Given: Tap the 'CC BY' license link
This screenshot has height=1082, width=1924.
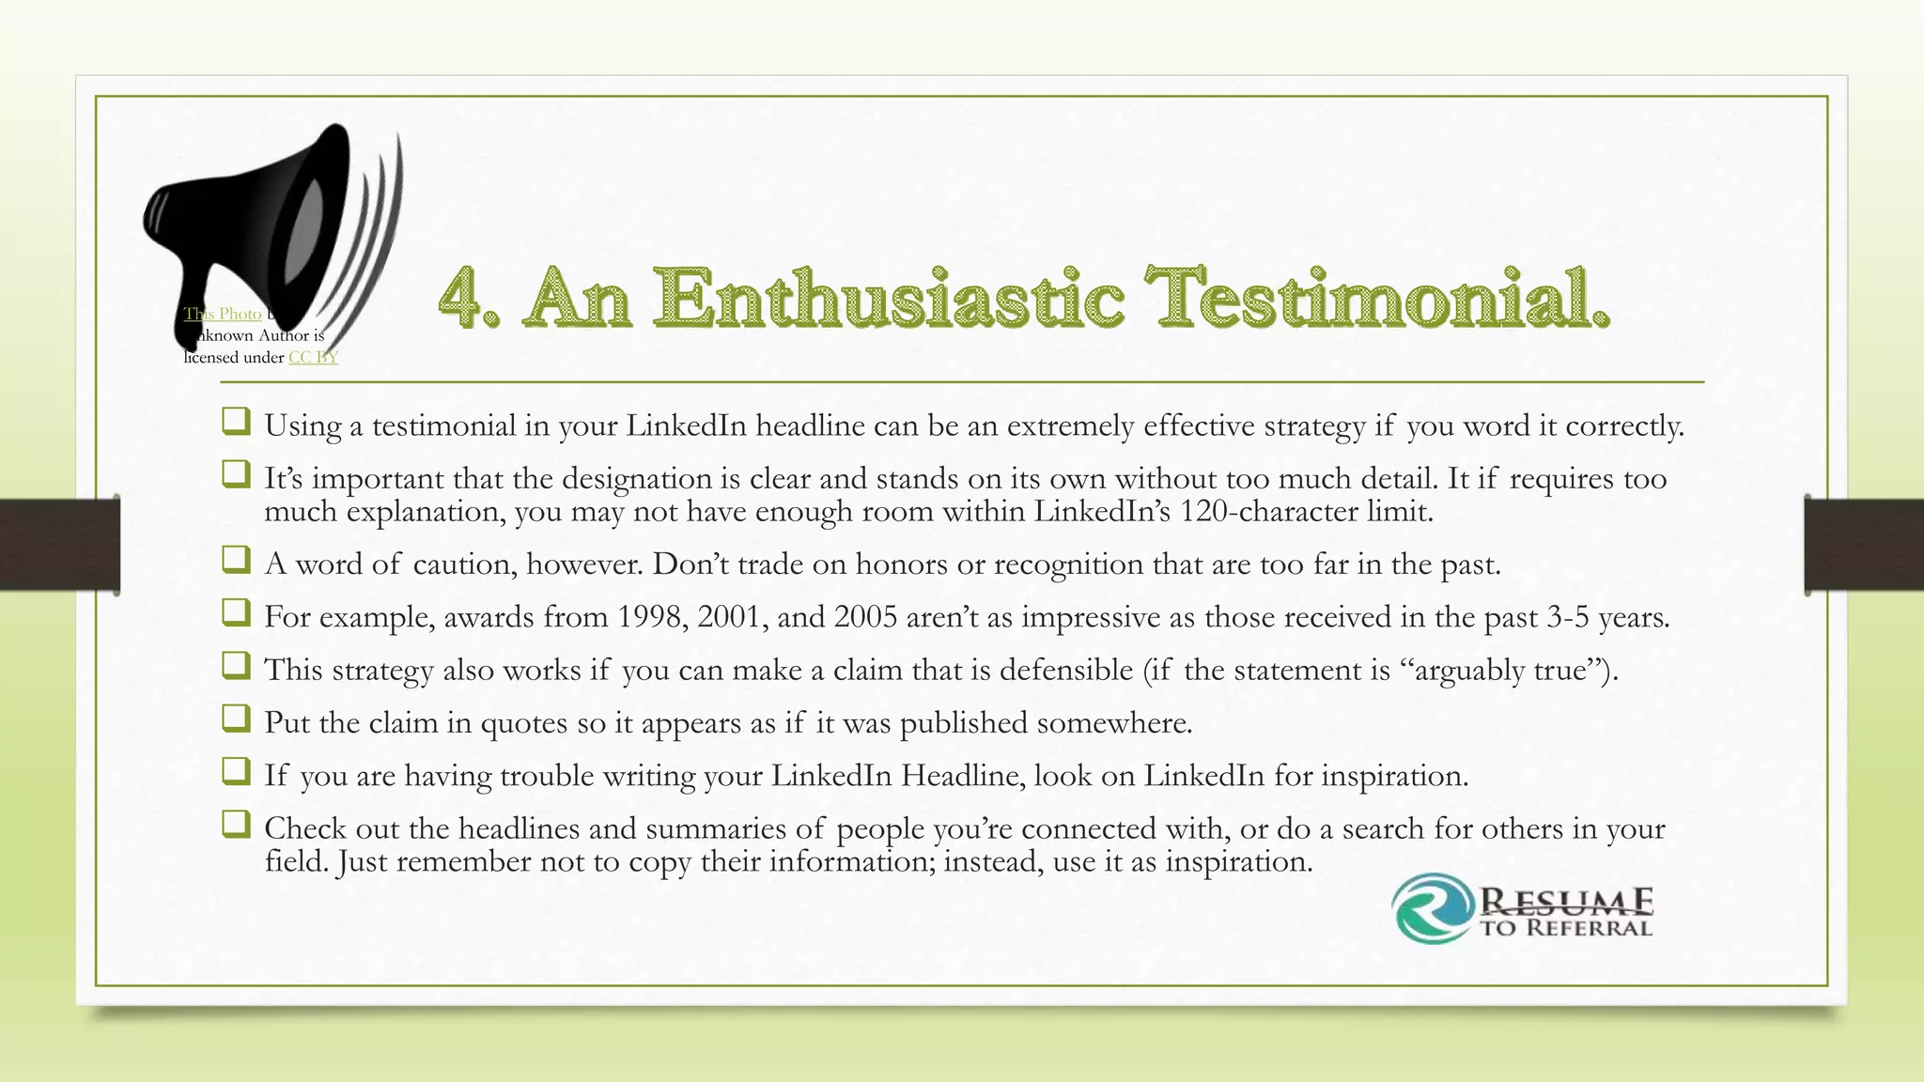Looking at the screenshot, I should click(313, 357).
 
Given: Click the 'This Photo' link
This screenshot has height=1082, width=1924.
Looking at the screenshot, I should click(223, 314).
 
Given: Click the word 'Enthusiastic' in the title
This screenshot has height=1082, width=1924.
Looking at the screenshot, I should click(888, 298).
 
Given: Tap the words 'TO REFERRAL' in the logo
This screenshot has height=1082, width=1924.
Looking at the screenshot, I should click(1566, 929).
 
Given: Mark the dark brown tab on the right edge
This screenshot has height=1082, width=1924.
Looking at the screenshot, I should click(1864, 545).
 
